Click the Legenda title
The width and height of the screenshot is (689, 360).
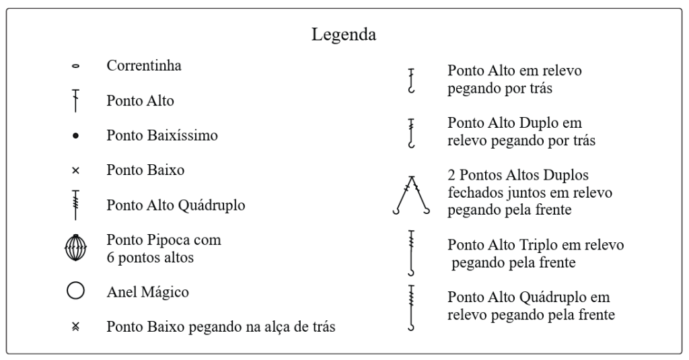point(344,35)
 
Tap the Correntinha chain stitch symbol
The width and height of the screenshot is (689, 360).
point(75,67)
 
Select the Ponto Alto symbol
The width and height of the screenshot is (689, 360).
point(75,101)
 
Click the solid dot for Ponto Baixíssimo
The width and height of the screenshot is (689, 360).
point(75,136)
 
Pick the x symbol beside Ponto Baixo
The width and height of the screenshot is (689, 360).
point(75,170)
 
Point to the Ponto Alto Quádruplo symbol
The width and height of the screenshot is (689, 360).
point(75,205)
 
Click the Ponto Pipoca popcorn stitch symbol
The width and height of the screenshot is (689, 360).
point(75,248)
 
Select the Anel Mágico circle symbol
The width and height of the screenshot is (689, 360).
point(75,291)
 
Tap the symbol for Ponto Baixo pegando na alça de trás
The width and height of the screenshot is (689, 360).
point(75,326)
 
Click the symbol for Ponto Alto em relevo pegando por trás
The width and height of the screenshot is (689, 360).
point(411,81)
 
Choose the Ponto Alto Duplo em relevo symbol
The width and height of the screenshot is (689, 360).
point(411,133)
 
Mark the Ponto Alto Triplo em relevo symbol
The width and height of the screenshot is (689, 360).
point(411,253)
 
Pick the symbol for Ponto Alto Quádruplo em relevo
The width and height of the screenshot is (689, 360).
point(411,308)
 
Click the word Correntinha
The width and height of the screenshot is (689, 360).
point(144,65)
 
